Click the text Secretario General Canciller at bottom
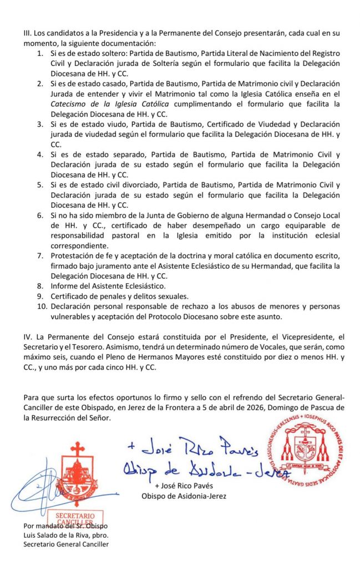pos(66,544)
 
